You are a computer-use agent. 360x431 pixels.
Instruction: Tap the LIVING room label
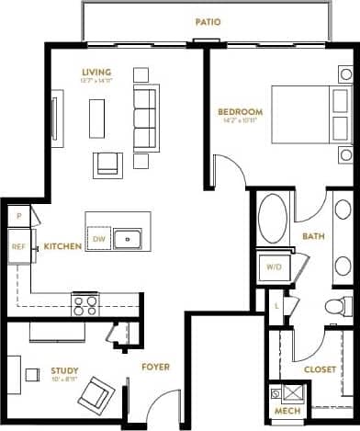pyautogui.click(x=95, y=74)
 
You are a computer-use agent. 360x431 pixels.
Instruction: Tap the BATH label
pyautogui.click(x=314, y=236)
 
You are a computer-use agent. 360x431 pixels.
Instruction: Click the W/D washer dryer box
pyautogui.click(x=274, y=267)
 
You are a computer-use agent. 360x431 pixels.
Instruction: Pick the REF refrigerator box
pyautogui.click(x=18, y=245)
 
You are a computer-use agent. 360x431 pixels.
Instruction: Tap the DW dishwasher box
pyautogui.click(x=99, y=239)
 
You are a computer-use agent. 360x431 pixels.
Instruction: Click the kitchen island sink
pyautogui.click(x=129, y=239)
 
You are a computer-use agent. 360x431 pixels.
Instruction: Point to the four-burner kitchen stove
pyautogui.click(x=85, y=301)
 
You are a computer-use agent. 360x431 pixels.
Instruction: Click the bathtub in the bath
pyautogui.click(x=272, y=221)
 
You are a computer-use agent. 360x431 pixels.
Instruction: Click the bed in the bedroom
pyautogui.click(x=309, y=116)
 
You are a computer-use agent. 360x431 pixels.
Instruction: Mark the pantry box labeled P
pyautogui.click(x=17, y=216)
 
